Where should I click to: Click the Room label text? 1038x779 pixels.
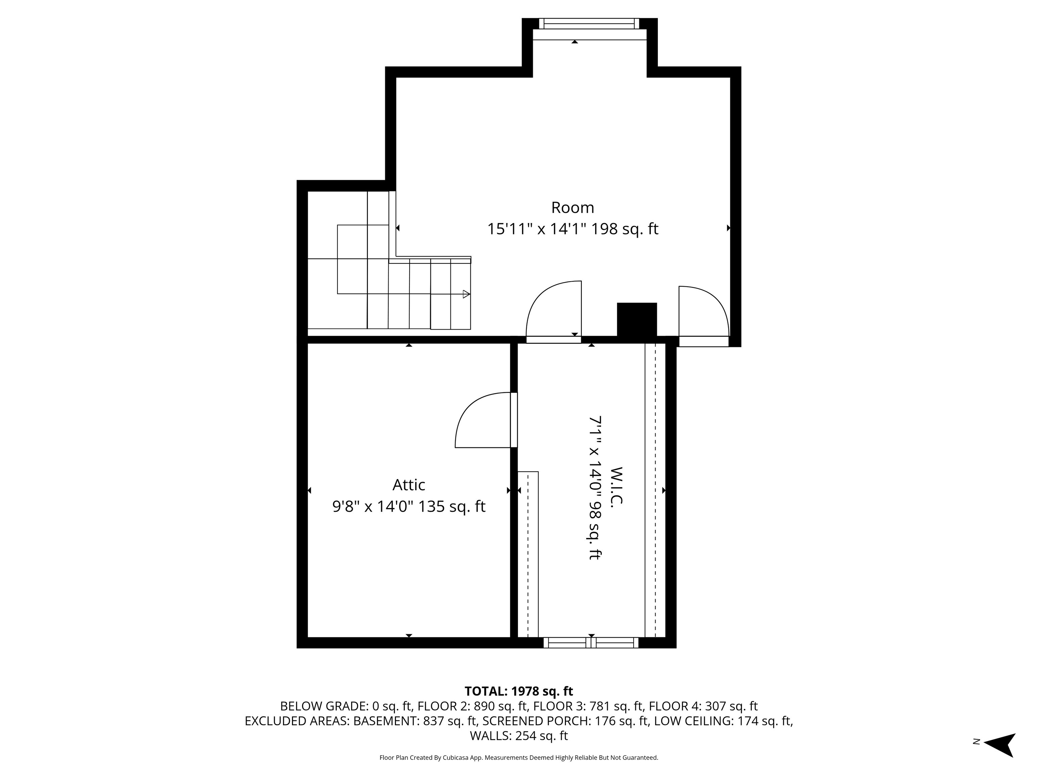(x=572, y=208)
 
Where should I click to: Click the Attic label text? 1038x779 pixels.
(x=409, y=485)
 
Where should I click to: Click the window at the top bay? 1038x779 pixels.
(x=589, y=23)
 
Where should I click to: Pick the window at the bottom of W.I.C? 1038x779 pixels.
(x=591, y=643)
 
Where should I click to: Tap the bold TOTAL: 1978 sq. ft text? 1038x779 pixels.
(x=519, y=691)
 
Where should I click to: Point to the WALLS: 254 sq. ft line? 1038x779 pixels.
(x=519, y=735)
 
